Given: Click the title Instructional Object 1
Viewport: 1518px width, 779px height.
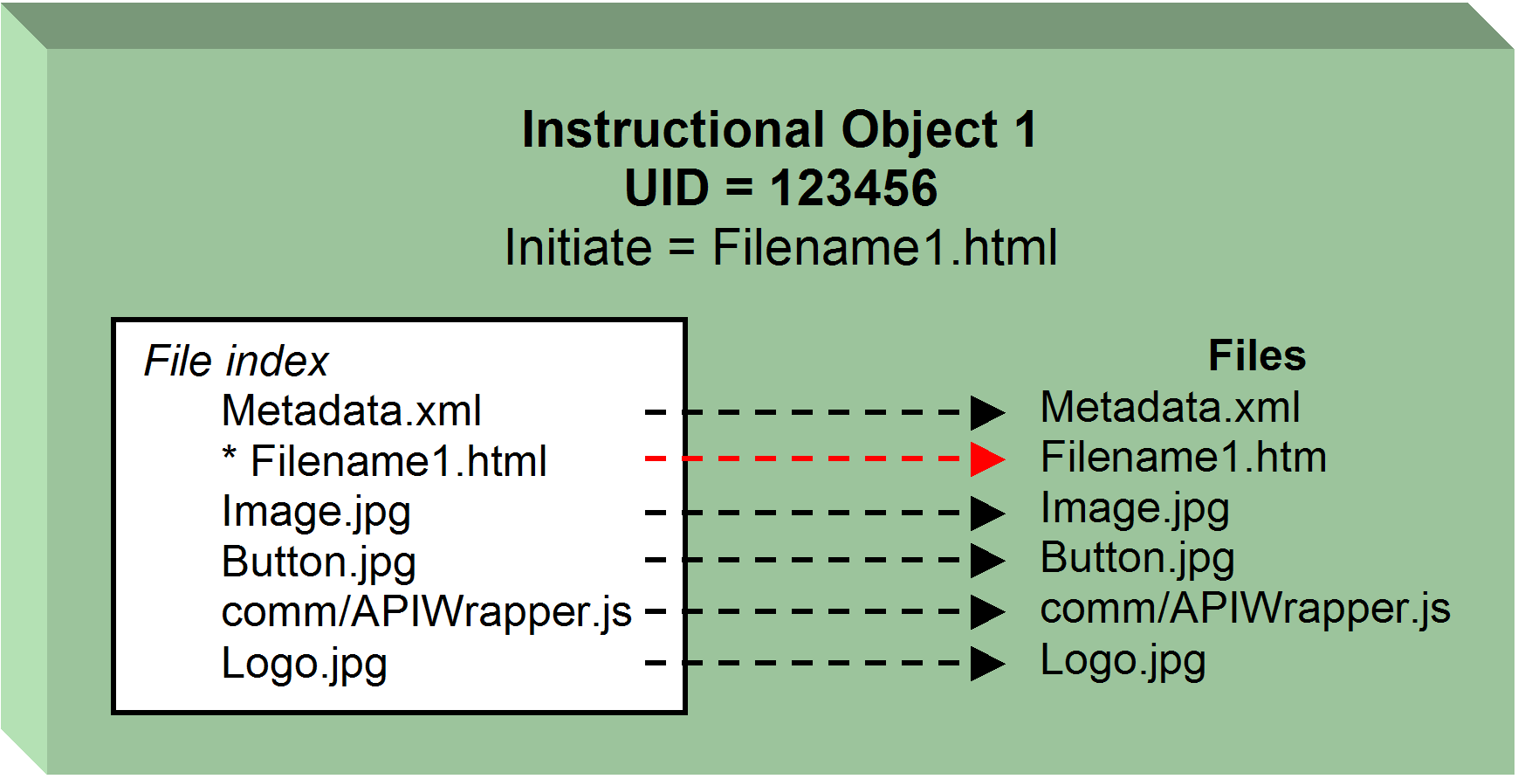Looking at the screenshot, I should (x=780, y=131).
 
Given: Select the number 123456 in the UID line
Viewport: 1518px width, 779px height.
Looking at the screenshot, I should (x=853, y=189).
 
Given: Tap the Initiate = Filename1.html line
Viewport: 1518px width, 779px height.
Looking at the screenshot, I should (x=781, y=248).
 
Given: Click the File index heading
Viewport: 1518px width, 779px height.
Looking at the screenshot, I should (x=236, y=362).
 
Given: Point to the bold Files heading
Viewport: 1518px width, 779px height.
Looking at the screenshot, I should (x=1256, y=356).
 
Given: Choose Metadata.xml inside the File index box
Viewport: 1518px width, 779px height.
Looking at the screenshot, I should (x=351, y=411).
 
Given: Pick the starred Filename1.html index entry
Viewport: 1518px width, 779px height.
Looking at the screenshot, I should (x=398, y=461).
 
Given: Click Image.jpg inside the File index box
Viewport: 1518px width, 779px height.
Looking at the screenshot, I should (x=316, y=513).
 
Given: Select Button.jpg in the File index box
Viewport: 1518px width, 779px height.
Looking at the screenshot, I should (x=319, y=562).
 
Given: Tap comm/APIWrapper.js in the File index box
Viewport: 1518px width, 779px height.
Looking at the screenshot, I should (x=426, y=612).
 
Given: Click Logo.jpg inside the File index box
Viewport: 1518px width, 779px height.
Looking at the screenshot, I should (x=304, y=664).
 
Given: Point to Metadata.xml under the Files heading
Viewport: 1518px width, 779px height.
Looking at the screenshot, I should (x=1170, y=408).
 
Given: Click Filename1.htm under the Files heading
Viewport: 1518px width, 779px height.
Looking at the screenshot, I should (x=1183, y=458).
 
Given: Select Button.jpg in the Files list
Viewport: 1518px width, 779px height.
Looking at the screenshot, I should (x=1137, y=559).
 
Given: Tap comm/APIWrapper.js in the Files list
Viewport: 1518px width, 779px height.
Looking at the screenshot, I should (x=1245, y=609).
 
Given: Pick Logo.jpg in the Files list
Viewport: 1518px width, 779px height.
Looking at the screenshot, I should (x=1123, y=661).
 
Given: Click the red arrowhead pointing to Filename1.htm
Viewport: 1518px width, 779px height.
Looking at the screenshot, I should (x=987, y=458).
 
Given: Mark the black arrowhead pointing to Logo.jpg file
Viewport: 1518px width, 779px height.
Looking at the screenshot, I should (x=987, y=664).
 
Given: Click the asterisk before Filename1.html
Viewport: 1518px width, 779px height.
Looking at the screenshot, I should (x=230, y=455).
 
